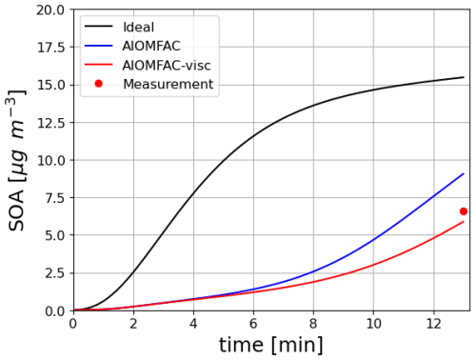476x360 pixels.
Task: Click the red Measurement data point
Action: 464,211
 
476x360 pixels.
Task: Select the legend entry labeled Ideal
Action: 139,27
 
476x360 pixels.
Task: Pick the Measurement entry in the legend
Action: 168,85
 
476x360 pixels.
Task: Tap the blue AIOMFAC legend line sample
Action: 98,46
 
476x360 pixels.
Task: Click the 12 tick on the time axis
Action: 433,324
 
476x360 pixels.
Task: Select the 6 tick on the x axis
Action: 253,324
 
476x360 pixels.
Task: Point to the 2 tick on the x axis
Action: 133,324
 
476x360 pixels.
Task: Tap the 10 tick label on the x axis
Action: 373,324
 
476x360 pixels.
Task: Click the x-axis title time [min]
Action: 272,345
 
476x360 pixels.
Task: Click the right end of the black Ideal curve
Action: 464,77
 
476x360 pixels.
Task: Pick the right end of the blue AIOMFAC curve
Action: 464,174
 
